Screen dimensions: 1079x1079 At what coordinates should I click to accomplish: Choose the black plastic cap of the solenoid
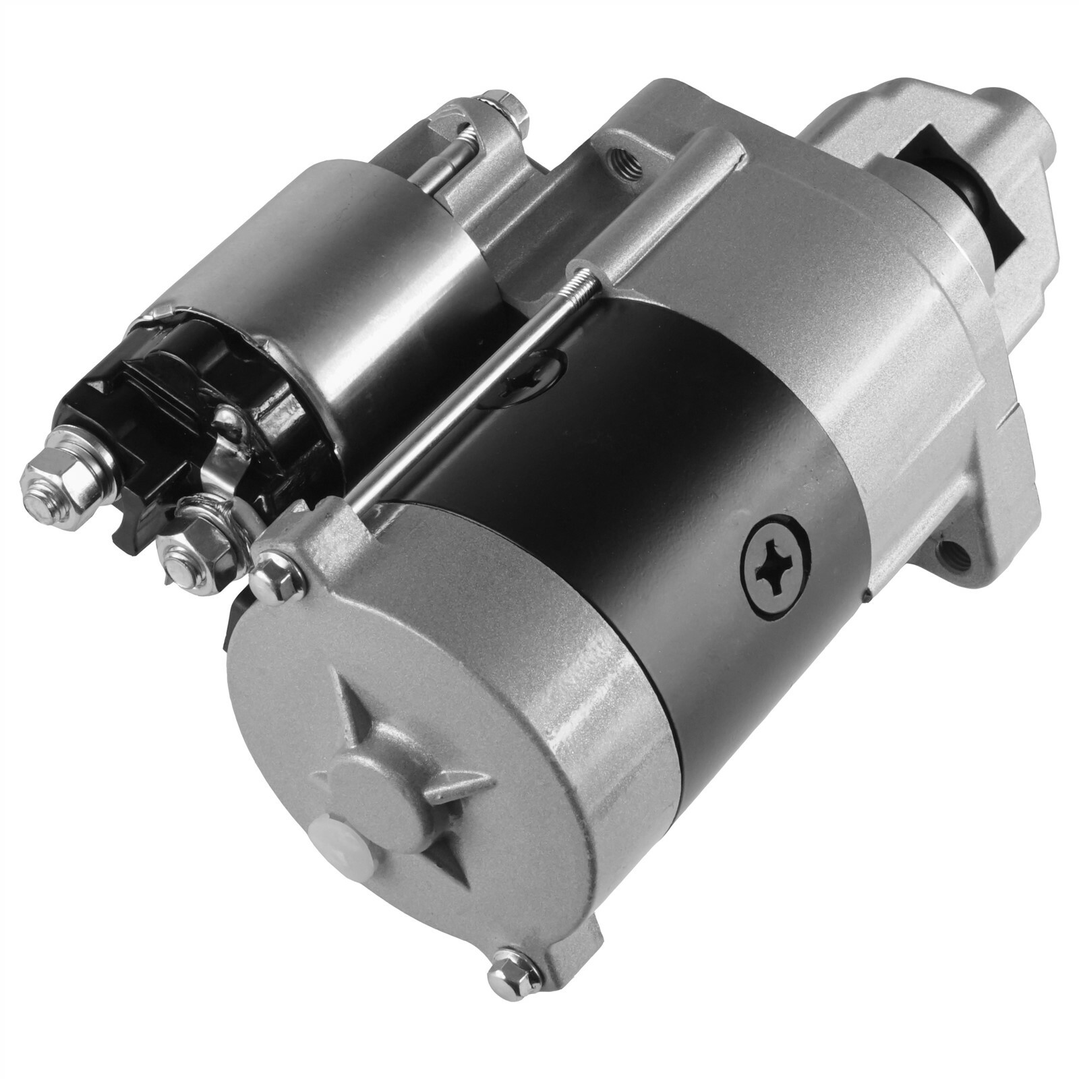tap(196, 398)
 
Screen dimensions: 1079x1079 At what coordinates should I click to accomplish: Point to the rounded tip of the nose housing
tap(1012, 115)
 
